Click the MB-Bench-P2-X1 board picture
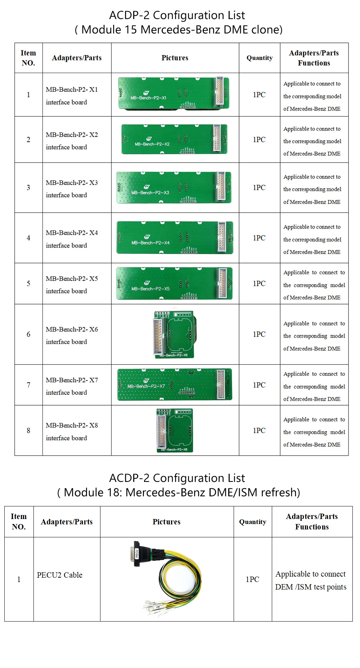pos(174,94)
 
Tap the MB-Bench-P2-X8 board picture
pos(175,430)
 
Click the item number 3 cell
pos(28,188)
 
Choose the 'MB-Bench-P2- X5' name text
pos(72,279)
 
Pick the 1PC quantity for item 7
pos(259,385)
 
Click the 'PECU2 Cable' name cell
pos(60,575)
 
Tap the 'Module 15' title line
pos(179,30)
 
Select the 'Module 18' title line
pos(179,492)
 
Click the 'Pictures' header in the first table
pos(175,58)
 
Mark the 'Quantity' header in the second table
pos(253,522)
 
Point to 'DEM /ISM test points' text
pos(311,587)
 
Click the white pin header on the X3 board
pos(221,187)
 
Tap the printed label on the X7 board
pos(146,386)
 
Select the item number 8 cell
pos(28,430)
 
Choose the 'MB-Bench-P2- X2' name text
pos(72,135)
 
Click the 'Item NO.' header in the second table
pos(19,522)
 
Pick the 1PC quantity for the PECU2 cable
pos(252,579)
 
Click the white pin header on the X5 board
pos(222,283)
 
